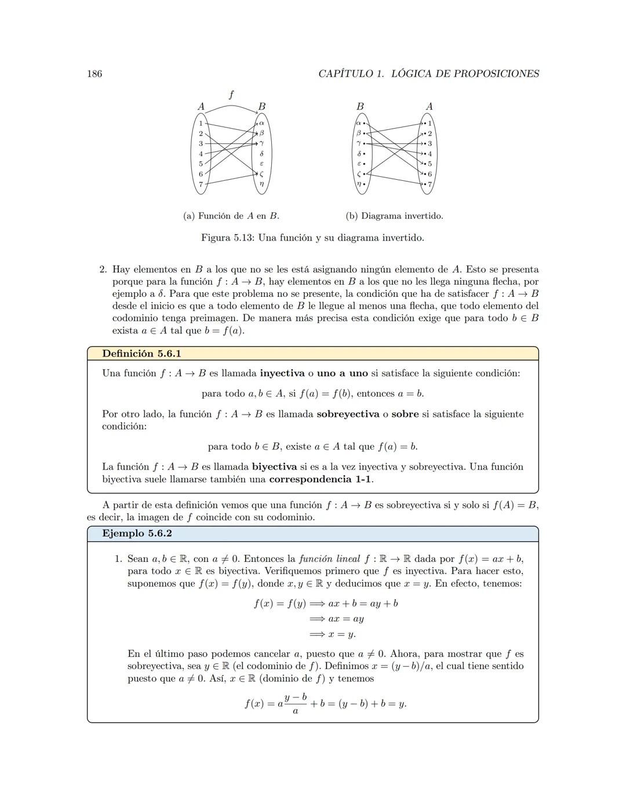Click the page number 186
point(94,74)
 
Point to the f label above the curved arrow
point(231,95)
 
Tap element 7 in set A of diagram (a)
point(201,184)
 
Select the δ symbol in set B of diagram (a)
point(262,154)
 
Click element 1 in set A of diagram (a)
point(201,123)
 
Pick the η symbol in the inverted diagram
point(359,184)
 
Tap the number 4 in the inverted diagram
point(430,154)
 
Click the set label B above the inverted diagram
point(360,107)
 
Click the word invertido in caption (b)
point(424,216)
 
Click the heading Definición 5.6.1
point(141,354)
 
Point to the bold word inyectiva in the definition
point(282,373)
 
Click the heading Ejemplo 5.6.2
point(137,533)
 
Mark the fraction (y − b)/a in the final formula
point(296,703)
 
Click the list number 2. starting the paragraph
point(104,270)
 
